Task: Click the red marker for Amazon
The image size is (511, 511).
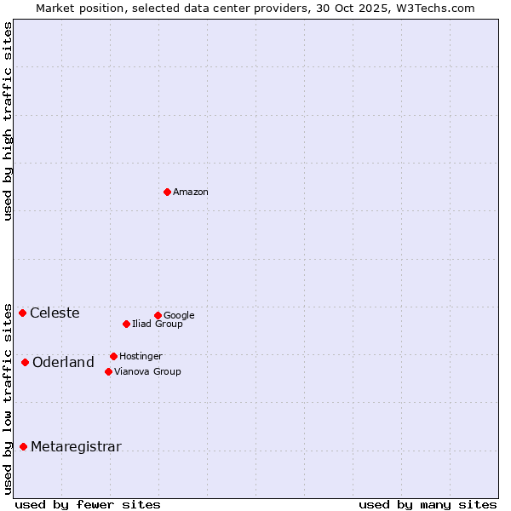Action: click(x=167, y=192)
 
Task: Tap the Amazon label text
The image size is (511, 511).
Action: click(x=191, y=192)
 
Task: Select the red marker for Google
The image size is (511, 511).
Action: click(x=158, y=315)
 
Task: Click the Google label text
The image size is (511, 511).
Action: click(x=179, y=316)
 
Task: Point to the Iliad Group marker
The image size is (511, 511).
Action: click(x=126, y=324)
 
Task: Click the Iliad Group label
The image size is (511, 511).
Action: click(x=158, y=324)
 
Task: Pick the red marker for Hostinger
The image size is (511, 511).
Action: click(x=113, y=356)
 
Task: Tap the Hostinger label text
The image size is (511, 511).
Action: click(x=141, y=357)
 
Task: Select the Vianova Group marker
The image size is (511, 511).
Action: click(x=108, y=371)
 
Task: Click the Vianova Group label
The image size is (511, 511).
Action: click(x=147, y=372)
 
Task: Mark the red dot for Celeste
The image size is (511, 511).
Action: click(x=22, y=313)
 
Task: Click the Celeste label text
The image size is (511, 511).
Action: click(x=55, y=313)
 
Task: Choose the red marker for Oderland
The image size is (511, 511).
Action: click(x=25, y=362)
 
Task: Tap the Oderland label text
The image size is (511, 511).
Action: click(x=63, y=363)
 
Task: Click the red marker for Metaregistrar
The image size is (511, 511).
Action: click(x=23, y=446)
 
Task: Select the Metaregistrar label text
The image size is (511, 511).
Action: click(x=76, y=447)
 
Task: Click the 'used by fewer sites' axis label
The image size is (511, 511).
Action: click(x=88, y=504)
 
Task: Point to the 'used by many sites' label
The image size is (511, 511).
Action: click(x=428, y=504)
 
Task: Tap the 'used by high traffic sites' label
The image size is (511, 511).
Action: click(x=8, y=121)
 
